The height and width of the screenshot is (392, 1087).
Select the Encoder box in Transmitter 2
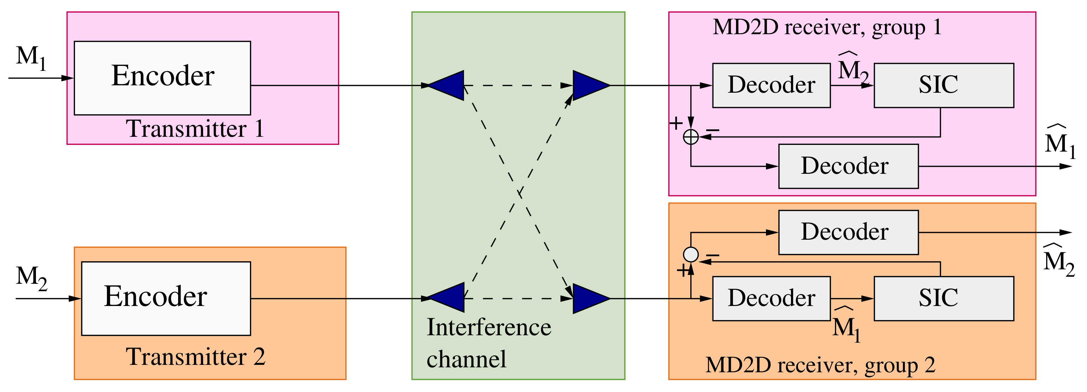pos(165,298)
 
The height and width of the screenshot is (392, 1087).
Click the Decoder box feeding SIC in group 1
pos(771,85)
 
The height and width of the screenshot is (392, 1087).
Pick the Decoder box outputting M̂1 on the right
pos(848,166)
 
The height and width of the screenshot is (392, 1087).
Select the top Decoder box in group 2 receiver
pos(848,232)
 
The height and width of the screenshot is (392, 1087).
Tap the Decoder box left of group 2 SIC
pos(771,298)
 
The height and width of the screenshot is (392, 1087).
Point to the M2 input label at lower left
pos(31,277)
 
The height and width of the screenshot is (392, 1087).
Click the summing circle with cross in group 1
pos(691,137)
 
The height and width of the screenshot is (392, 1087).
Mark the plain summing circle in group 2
pos(691,254)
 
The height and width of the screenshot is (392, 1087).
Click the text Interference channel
pos(488,343)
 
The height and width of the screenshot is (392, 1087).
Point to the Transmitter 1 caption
pos(195,128)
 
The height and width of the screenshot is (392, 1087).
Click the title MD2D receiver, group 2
pos(820,365)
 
